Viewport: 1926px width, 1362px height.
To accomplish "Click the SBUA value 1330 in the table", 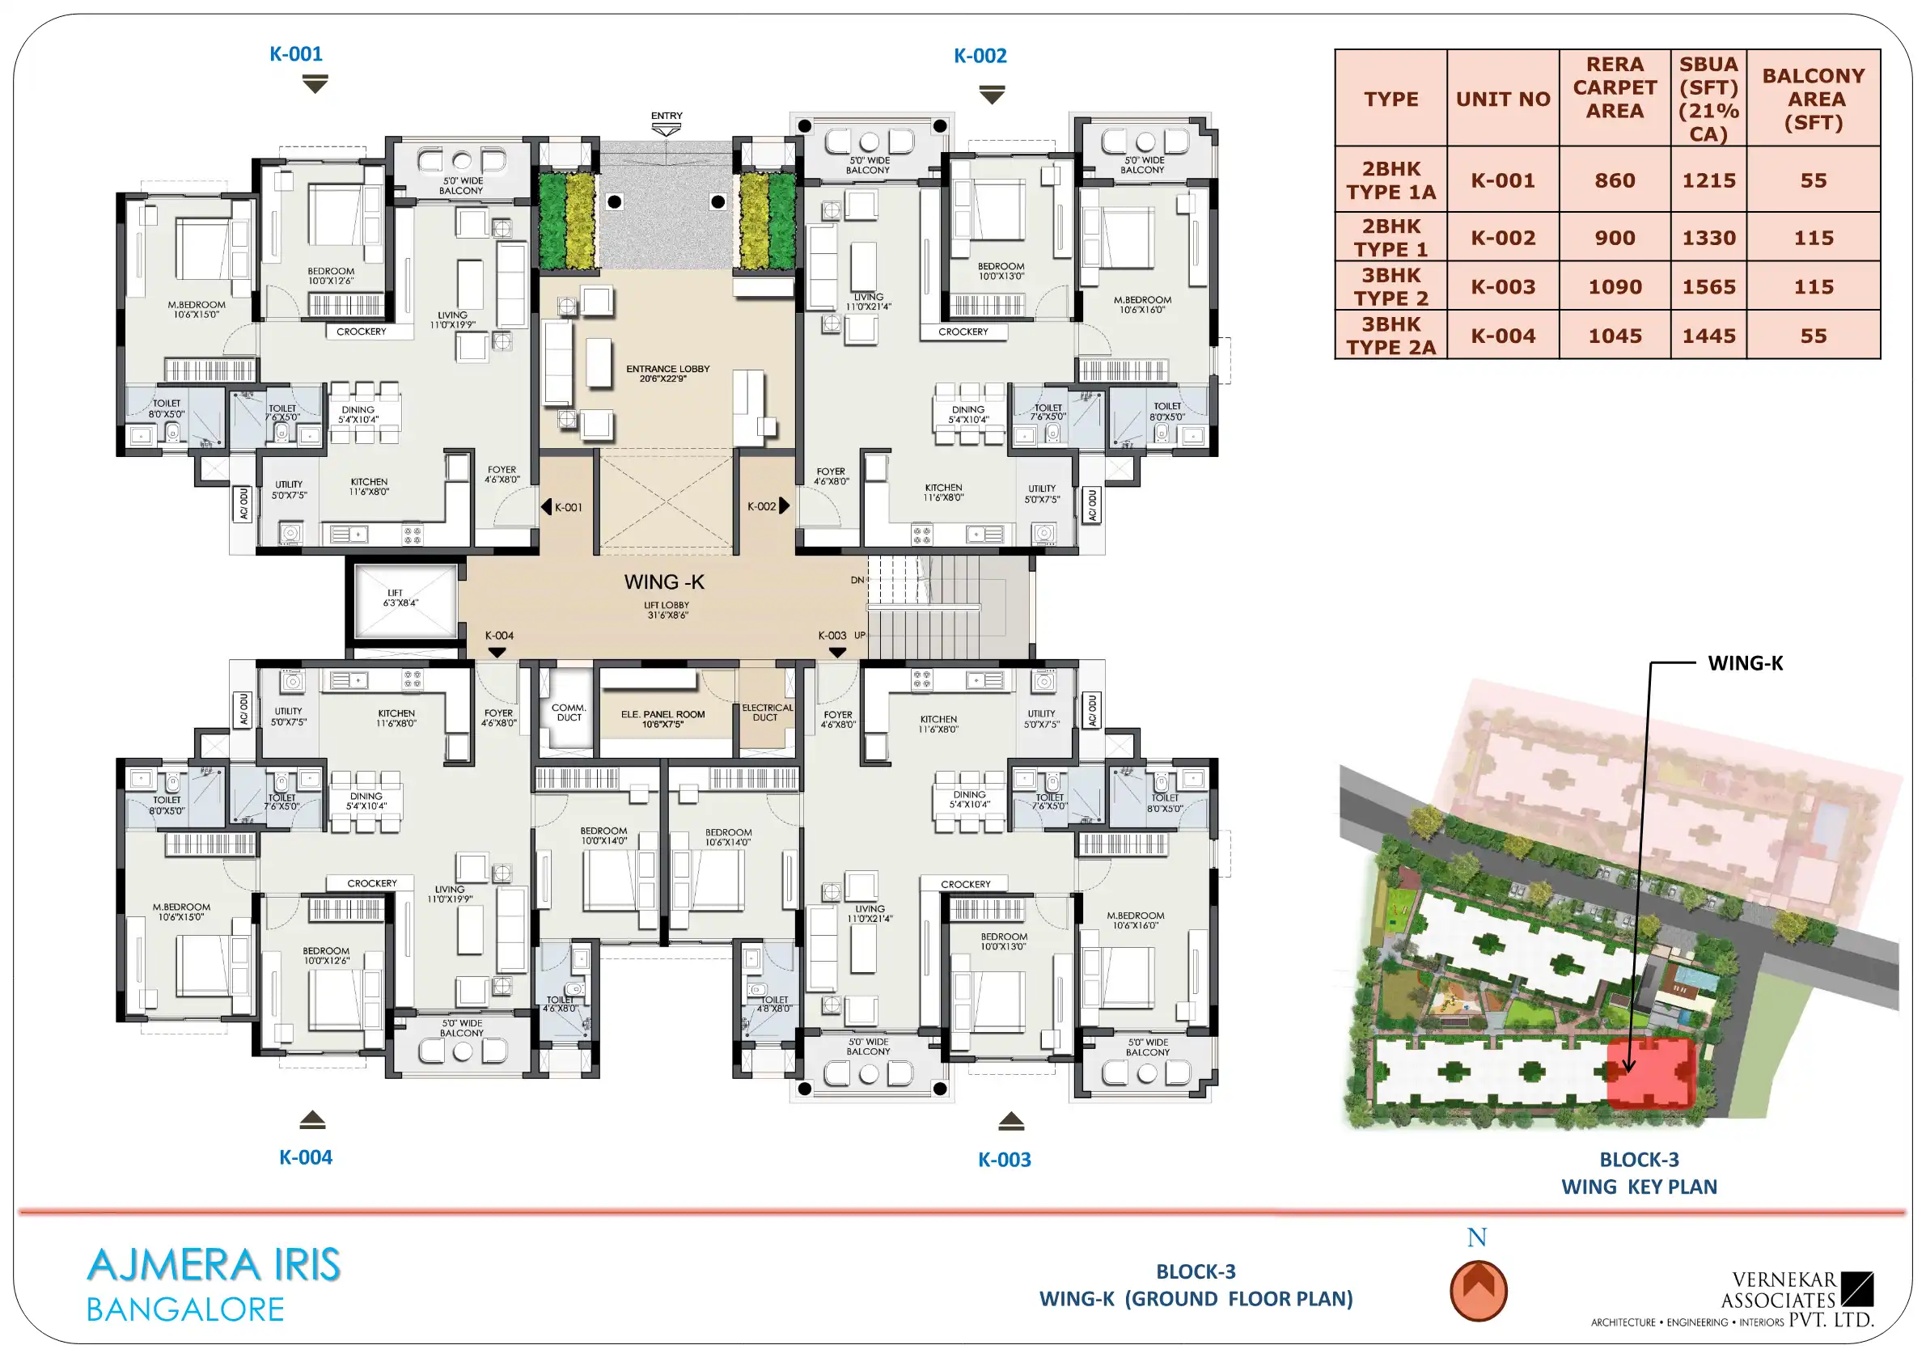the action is pyautogui.click(x=1708, y=238).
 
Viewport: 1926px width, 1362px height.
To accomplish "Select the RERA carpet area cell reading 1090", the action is pyautogui.click(x=1615, y=287).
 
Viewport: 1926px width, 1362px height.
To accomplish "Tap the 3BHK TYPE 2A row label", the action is pyautogui.click(x=1391, y=336).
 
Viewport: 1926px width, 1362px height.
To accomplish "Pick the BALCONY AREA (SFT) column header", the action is pyautogui.click(x=1813, y=99).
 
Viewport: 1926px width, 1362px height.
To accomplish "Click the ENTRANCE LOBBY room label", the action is pyautogui.click(x=667, y=373).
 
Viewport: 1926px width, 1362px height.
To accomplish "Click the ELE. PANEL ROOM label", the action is pyautogui.click(x=662, y=719).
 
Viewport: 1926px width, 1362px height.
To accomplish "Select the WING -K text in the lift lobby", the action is pyautogui.click(x=663, y=582).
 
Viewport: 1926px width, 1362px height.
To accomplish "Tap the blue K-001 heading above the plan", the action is pyautogui.click(x=295, y=53).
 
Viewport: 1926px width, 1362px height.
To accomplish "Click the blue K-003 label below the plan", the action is pyautogui.click(x=1004, y=1159).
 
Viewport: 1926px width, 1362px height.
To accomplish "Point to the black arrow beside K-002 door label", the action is pyautogui.click(x=785, y=505).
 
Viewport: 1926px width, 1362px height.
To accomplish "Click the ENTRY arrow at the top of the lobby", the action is pyautogui.click(x=667, y=130).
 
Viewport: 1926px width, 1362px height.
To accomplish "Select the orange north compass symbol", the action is pyautogui.click(x=1478, y=1290).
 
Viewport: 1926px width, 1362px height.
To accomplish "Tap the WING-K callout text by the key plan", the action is pyautogui.click(x=1746, y=662).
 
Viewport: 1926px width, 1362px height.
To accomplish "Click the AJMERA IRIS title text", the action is pyautogui.click(x=214, y=1265).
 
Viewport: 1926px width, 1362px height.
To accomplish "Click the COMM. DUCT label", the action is pyautogui.click(x=569, y=712).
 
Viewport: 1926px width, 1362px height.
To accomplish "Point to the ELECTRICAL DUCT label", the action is pyautogui.click(x=767, y=712).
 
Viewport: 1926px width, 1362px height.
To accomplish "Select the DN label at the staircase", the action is pyautogui.click(x=857, y=580).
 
